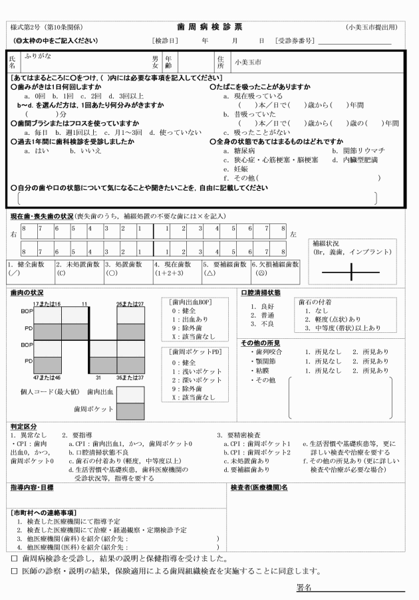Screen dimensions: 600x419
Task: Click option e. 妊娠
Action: [235, 169]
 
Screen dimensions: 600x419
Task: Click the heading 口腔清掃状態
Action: [261, 292]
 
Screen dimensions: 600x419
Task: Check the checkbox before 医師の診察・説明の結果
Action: [14, 570]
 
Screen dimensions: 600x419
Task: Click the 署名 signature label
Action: [304, 588]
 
